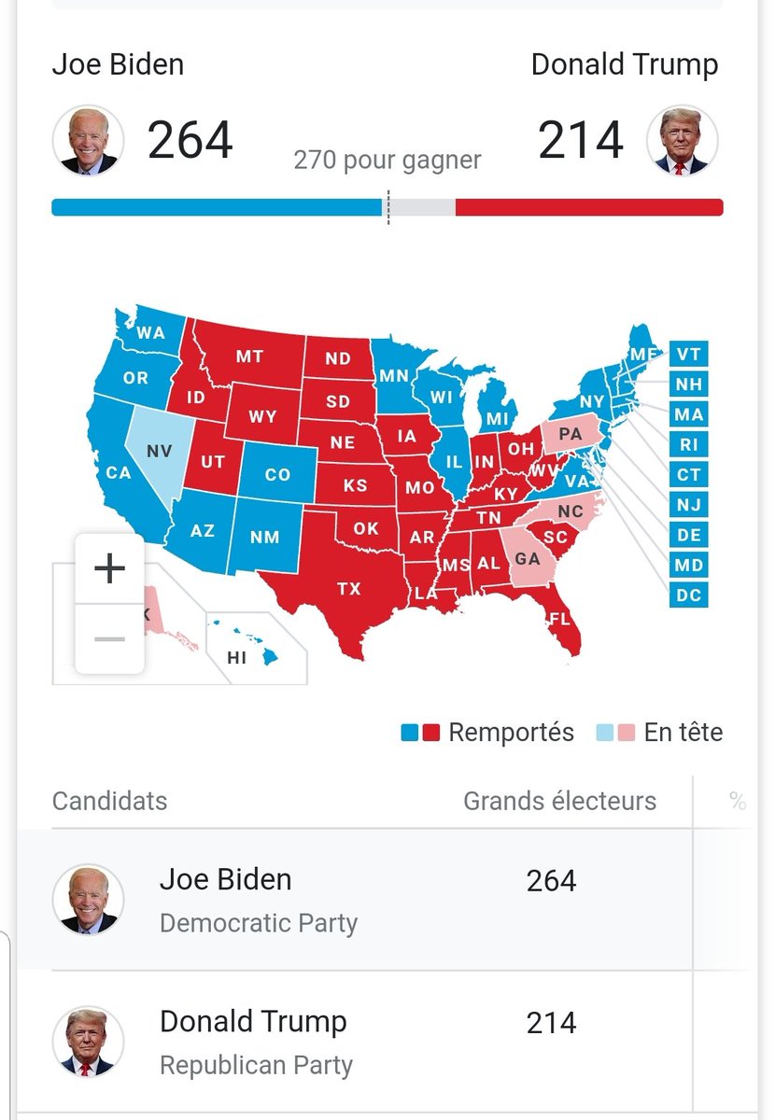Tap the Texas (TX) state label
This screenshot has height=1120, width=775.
coord(348,588)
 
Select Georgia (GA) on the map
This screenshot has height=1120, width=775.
coord(528,558)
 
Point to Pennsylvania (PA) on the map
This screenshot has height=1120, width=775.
coord(570,434)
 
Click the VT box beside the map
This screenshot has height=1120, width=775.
coord(688,354)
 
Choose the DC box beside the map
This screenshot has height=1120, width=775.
coord(688,595)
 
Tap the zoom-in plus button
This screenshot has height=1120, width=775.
coord(110,568)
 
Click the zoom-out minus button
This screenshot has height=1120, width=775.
coord(110,638)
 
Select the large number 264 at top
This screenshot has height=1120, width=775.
coord(190,141)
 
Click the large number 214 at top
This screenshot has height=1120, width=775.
coord(581,141)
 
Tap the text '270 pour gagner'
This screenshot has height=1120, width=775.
coord(387,161)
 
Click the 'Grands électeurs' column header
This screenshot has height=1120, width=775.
coord(559,801)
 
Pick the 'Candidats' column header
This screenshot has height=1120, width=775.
coord(110,801)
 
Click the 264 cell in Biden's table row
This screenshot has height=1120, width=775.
coord(551,881)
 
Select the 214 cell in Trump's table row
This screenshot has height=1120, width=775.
coord(551,1023)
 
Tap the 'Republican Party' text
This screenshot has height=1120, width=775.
coord(256,1065)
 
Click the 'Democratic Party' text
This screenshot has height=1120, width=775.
coord(259,923)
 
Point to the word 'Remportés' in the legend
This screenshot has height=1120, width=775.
coord(511,733)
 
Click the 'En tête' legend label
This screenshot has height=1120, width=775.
coord(683,733)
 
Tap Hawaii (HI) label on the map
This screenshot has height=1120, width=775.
coord(237,658)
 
